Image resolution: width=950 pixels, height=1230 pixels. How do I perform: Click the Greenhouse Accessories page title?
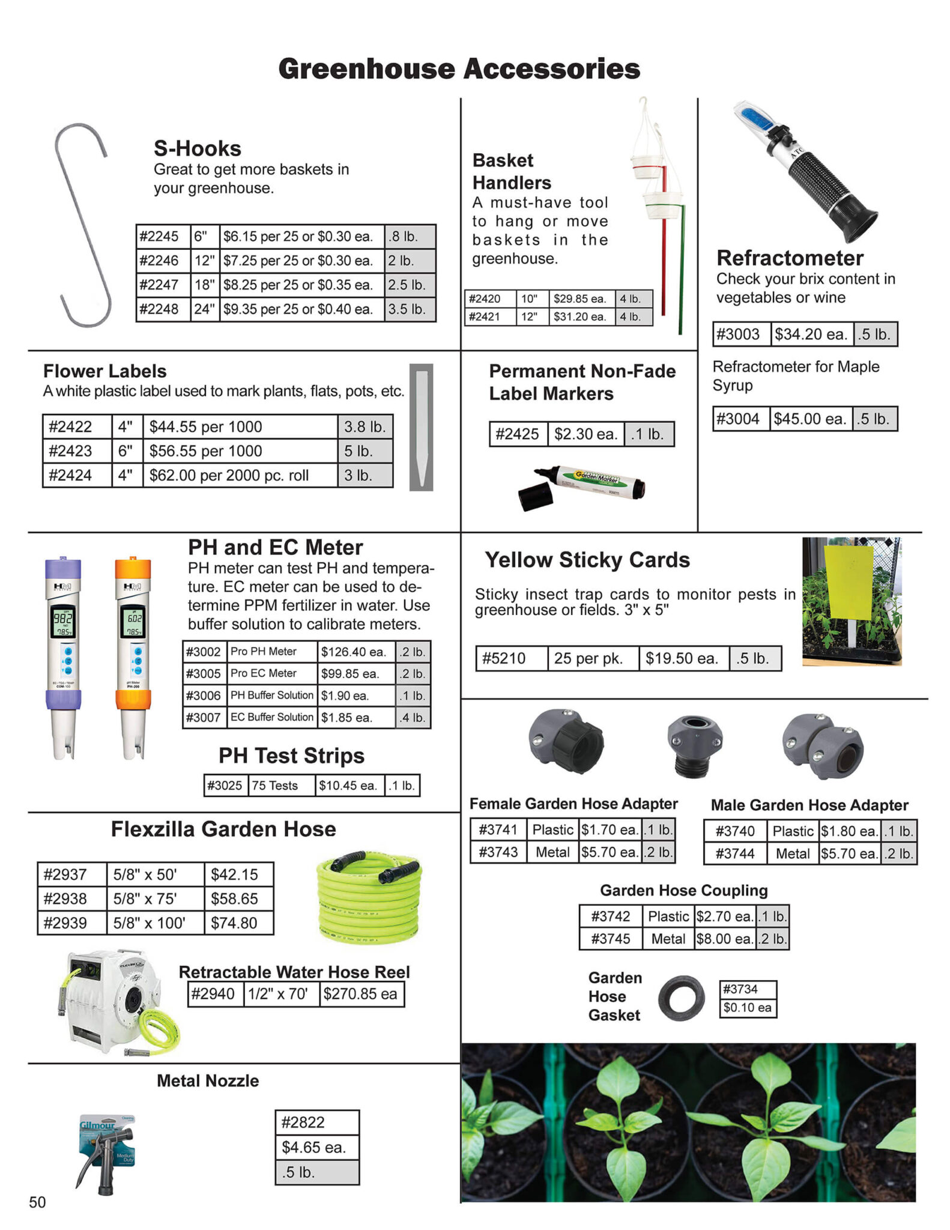[459, 69]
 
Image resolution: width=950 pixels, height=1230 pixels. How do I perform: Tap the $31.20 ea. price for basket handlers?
[580, 317]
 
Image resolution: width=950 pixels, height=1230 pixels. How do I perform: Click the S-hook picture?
[83, 225]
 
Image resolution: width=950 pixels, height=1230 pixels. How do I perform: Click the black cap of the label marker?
[535, 497]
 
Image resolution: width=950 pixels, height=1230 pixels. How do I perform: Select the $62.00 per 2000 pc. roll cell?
[239, 475]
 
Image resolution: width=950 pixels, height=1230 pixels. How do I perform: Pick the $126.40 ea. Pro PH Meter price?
[355, 652]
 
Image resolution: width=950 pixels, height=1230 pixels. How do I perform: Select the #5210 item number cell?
[511, 658]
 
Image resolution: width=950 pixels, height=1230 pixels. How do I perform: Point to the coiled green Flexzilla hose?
[369, 895]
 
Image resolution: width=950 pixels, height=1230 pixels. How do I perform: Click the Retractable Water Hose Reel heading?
[294, 972]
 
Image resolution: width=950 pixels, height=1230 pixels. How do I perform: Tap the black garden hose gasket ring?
[681, 999]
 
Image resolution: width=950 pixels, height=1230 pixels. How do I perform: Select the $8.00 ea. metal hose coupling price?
[724, 939]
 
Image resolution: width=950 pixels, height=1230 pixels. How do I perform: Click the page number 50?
[37, 1202]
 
